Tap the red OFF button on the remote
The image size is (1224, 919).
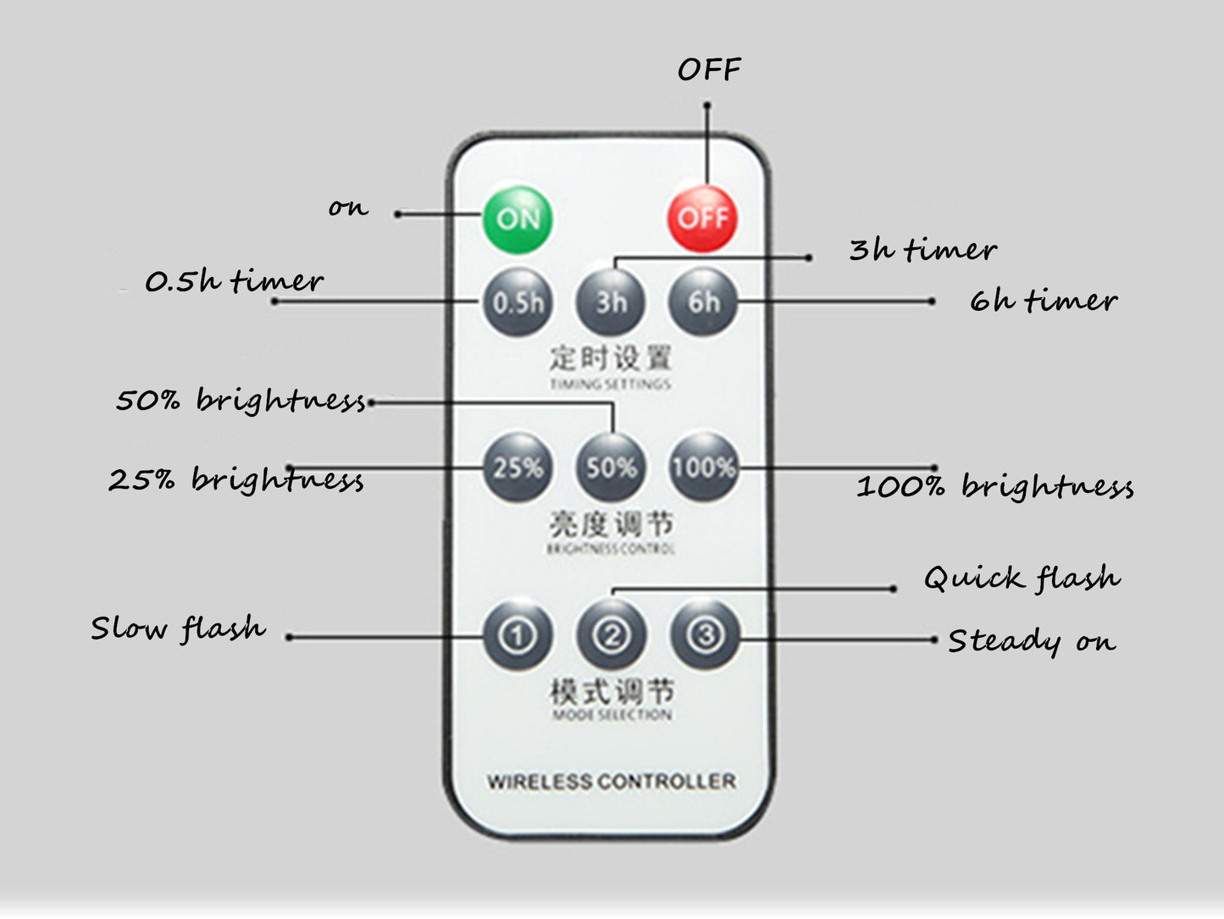tap(702, 219)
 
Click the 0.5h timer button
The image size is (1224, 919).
tap(518, 302)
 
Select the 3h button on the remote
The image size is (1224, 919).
tap(611, 302)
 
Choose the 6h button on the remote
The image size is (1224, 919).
tap(703, 302)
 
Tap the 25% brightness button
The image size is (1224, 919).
tap(518, 468)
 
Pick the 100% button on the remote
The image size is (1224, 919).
tap(703, 468)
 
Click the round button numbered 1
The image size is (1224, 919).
tap(518, 635)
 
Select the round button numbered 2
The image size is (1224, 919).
tap(612, 635)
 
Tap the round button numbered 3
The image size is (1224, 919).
tap(705, 635)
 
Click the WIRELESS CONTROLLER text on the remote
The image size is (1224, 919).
tap(611, 781)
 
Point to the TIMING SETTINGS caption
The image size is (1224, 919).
tap(611, 385)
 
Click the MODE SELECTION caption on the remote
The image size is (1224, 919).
tap(612, 716)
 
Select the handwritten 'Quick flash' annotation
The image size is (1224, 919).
tap(1022, 579)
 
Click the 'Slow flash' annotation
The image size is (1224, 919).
tap(178, 628)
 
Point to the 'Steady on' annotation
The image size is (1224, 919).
tap(1031, 641)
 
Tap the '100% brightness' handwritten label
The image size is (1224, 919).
tap(994, 487)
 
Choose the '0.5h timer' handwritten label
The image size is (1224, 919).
tap(234, 281)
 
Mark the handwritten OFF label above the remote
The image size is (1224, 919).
tap(709, 69)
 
